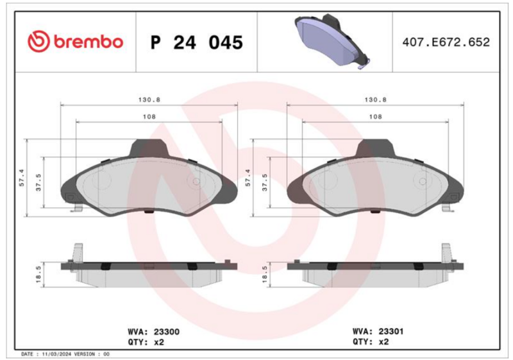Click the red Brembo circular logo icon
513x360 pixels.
(38, 42)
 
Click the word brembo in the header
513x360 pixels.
(88, 42)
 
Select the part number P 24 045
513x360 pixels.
(197, 42)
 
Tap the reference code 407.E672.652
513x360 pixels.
(446, 42)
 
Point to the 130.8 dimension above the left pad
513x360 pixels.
(149, 100)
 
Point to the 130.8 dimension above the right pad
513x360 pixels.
(376, 100)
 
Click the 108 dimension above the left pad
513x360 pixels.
(149, 117)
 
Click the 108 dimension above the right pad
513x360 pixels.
(376, 117)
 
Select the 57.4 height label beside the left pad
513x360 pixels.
(22, 178)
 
